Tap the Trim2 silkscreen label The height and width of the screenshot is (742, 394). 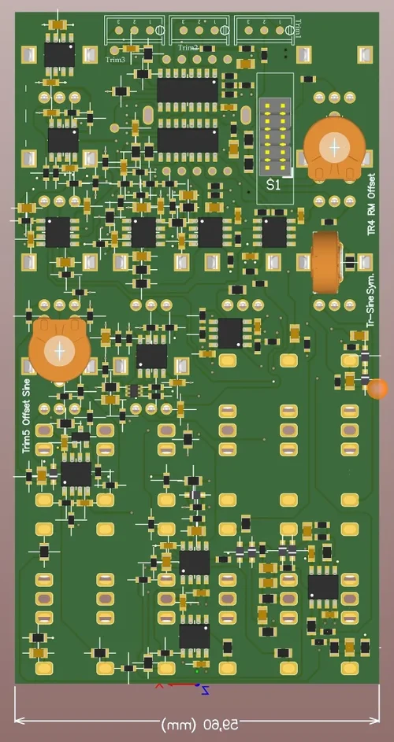[188, 48]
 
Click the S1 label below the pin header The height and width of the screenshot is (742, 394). [273, 185]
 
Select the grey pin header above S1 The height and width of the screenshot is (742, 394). [276, 137]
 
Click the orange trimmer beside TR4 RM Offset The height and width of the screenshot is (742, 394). [336, 148]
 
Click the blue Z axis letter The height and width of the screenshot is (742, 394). [205, 691]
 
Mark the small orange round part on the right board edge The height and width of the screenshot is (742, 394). [378, 388]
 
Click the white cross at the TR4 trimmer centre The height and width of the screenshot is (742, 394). [336, 146]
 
